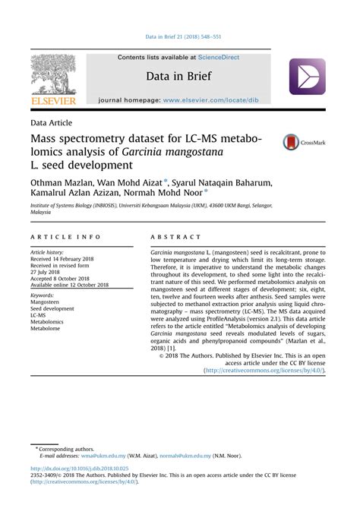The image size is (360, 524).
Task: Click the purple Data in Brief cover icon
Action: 307,77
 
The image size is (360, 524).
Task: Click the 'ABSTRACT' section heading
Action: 175,237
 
